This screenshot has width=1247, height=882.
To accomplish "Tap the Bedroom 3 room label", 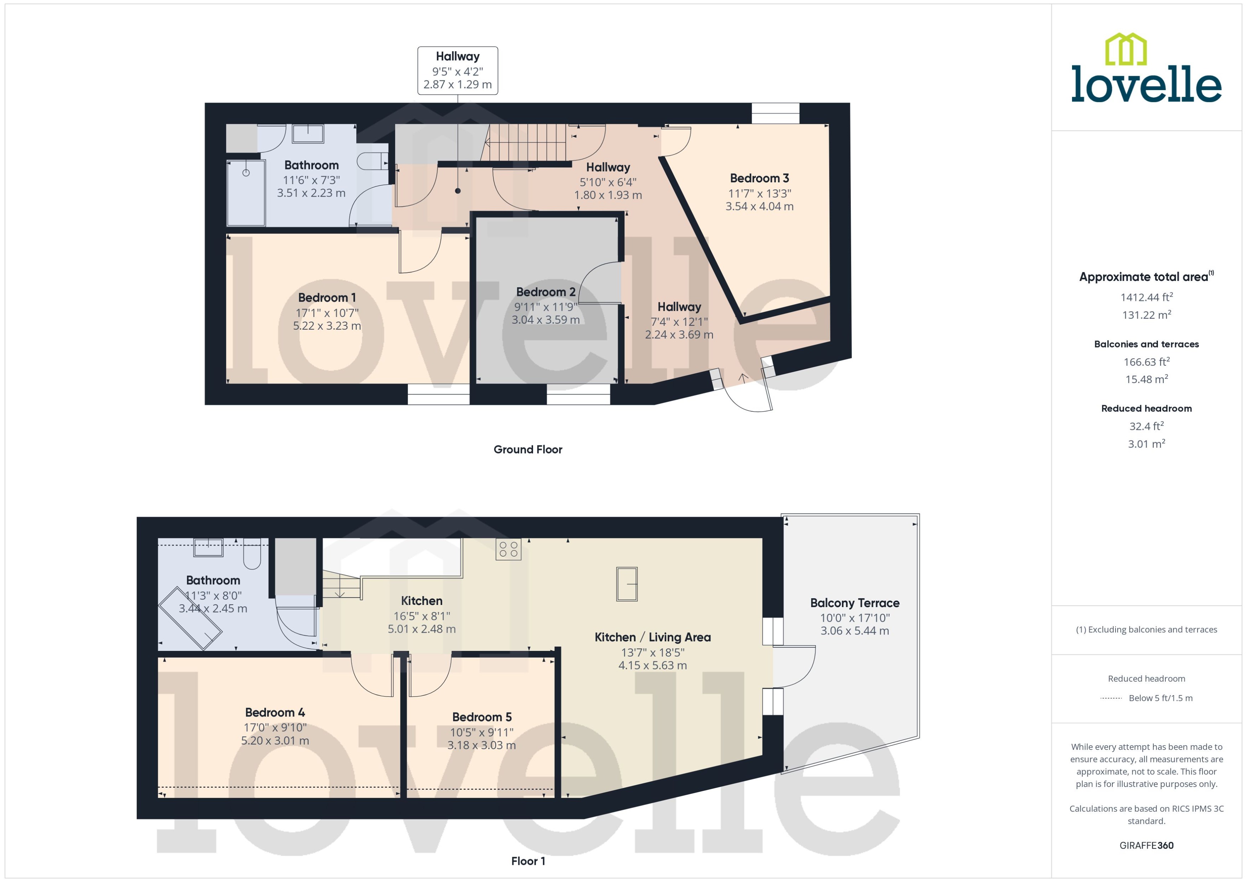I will pos(759,178).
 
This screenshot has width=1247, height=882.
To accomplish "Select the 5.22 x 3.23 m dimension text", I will pos(327,326).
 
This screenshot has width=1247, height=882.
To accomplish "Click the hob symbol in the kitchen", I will pos(508,549).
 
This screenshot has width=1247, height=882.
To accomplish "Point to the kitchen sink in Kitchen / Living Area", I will pos(626,584).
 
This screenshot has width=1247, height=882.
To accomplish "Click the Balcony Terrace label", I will pos(854,603).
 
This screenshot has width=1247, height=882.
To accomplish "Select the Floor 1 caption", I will pos(528,861).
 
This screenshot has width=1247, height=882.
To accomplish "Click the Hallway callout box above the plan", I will pos(457,71).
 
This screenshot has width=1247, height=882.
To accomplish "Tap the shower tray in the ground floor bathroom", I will pos(246,193).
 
